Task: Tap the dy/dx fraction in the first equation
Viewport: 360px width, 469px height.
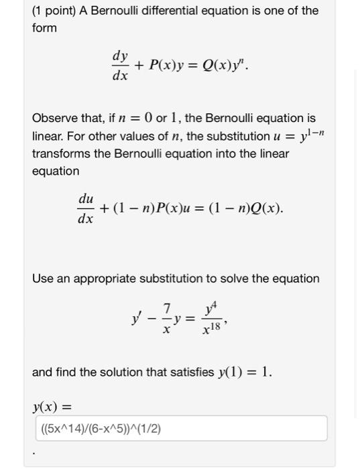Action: click(120, 67)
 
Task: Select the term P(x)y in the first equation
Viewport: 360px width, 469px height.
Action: click(165, 66)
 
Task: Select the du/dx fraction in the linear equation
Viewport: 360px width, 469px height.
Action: click(86, 208)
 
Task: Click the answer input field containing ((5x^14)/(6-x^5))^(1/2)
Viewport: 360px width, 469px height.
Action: click(181, 429)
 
